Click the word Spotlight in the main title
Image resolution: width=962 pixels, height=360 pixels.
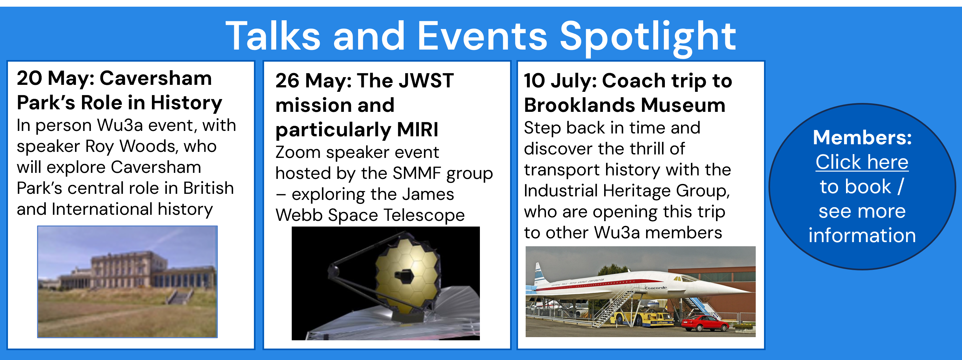(648, 37)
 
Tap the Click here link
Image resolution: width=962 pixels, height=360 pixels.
(862, 162)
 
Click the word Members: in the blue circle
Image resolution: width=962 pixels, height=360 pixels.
(862, 138)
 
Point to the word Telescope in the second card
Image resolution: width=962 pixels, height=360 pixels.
(424, 216)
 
